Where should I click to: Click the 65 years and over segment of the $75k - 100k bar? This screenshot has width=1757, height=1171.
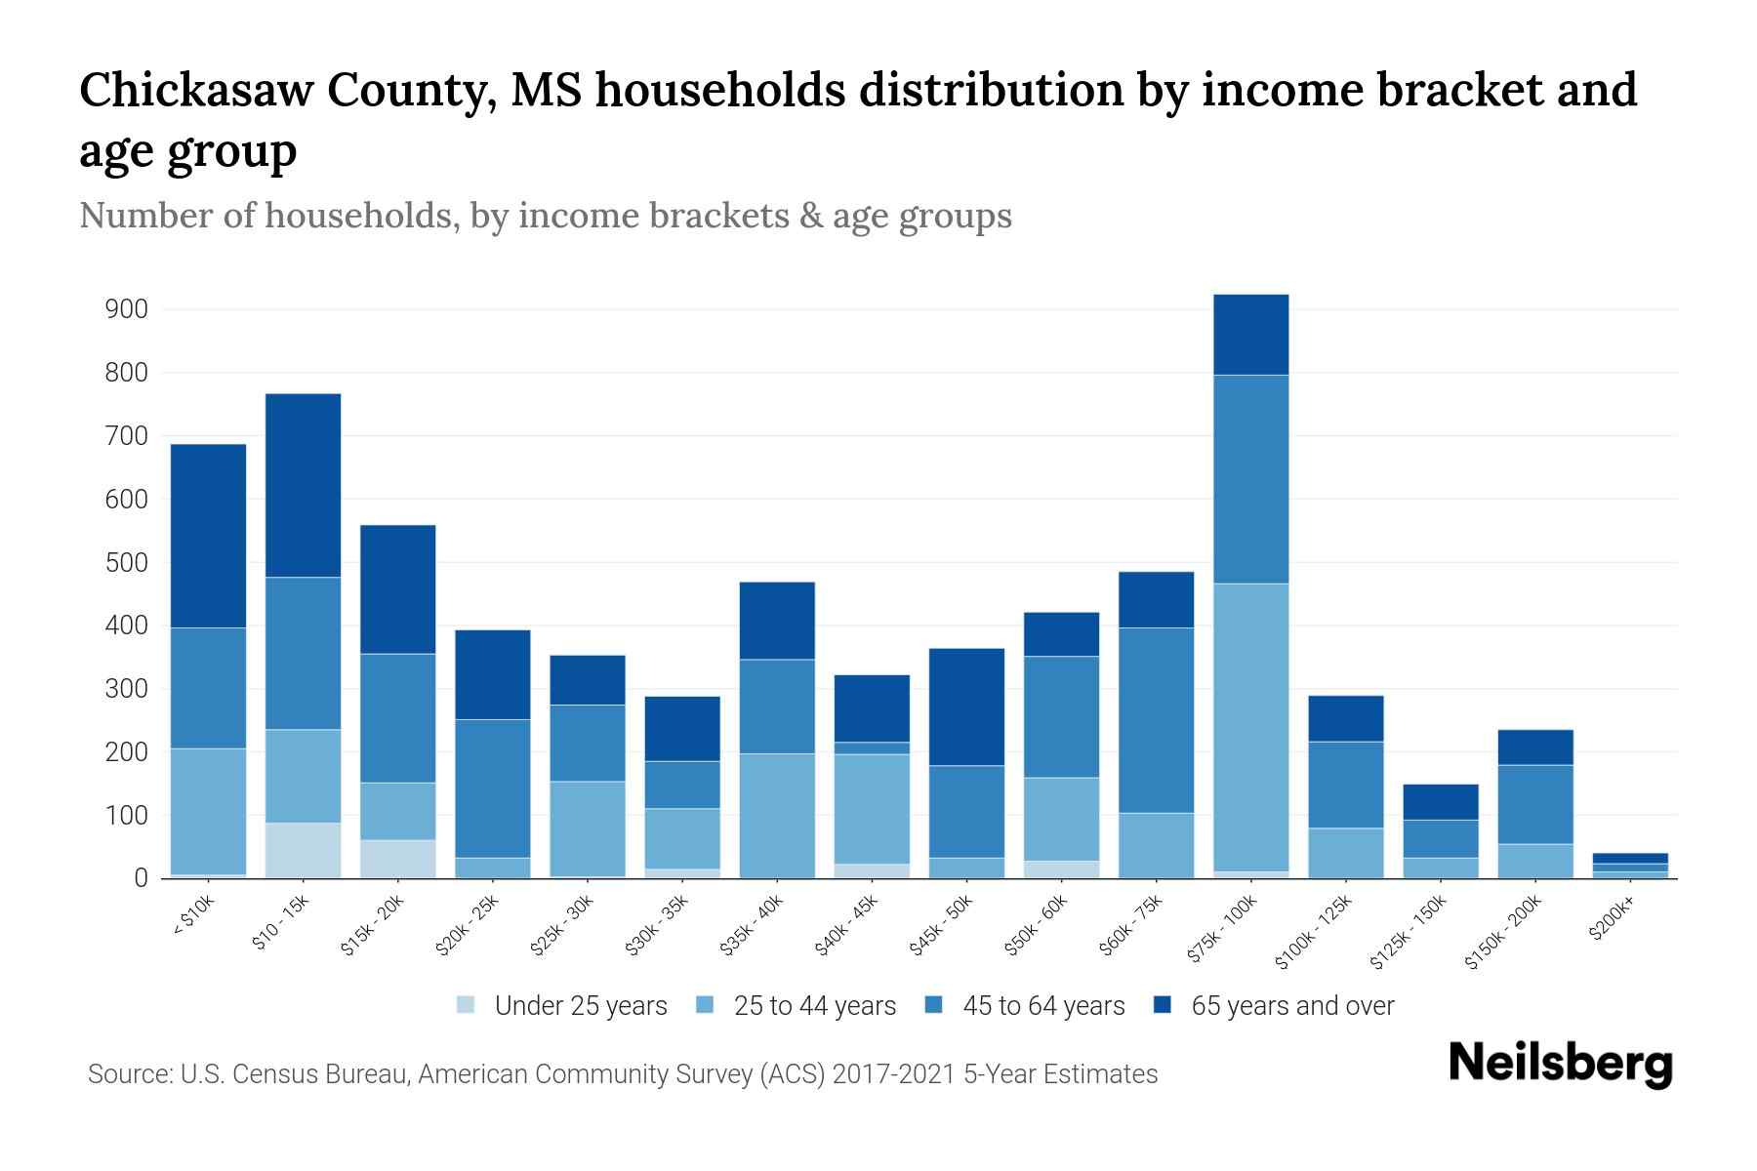tap(1250, 335)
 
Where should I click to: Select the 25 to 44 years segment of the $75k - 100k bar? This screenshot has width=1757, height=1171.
tap(1250, 727)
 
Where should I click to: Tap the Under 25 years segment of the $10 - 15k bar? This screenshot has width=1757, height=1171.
tap(304, 850)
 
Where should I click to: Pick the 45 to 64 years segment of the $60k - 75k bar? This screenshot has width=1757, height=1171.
tap(1156, 720)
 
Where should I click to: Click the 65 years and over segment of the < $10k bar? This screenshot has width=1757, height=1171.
tap(208, 536)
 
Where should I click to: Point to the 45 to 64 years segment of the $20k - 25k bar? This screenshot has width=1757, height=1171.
tap(493, 788)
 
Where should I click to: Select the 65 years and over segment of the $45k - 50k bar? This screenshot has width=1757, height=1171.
tap(966, 707)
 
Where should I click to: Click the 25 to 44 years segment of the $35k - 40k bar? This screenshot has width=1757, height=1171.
tap(777, 816)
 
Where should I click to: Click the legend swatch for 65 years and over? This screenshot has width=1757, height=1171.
tap(1163, 1005)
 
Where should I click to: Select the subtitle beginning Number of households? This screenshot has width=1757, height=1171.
tap(545, 216)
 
